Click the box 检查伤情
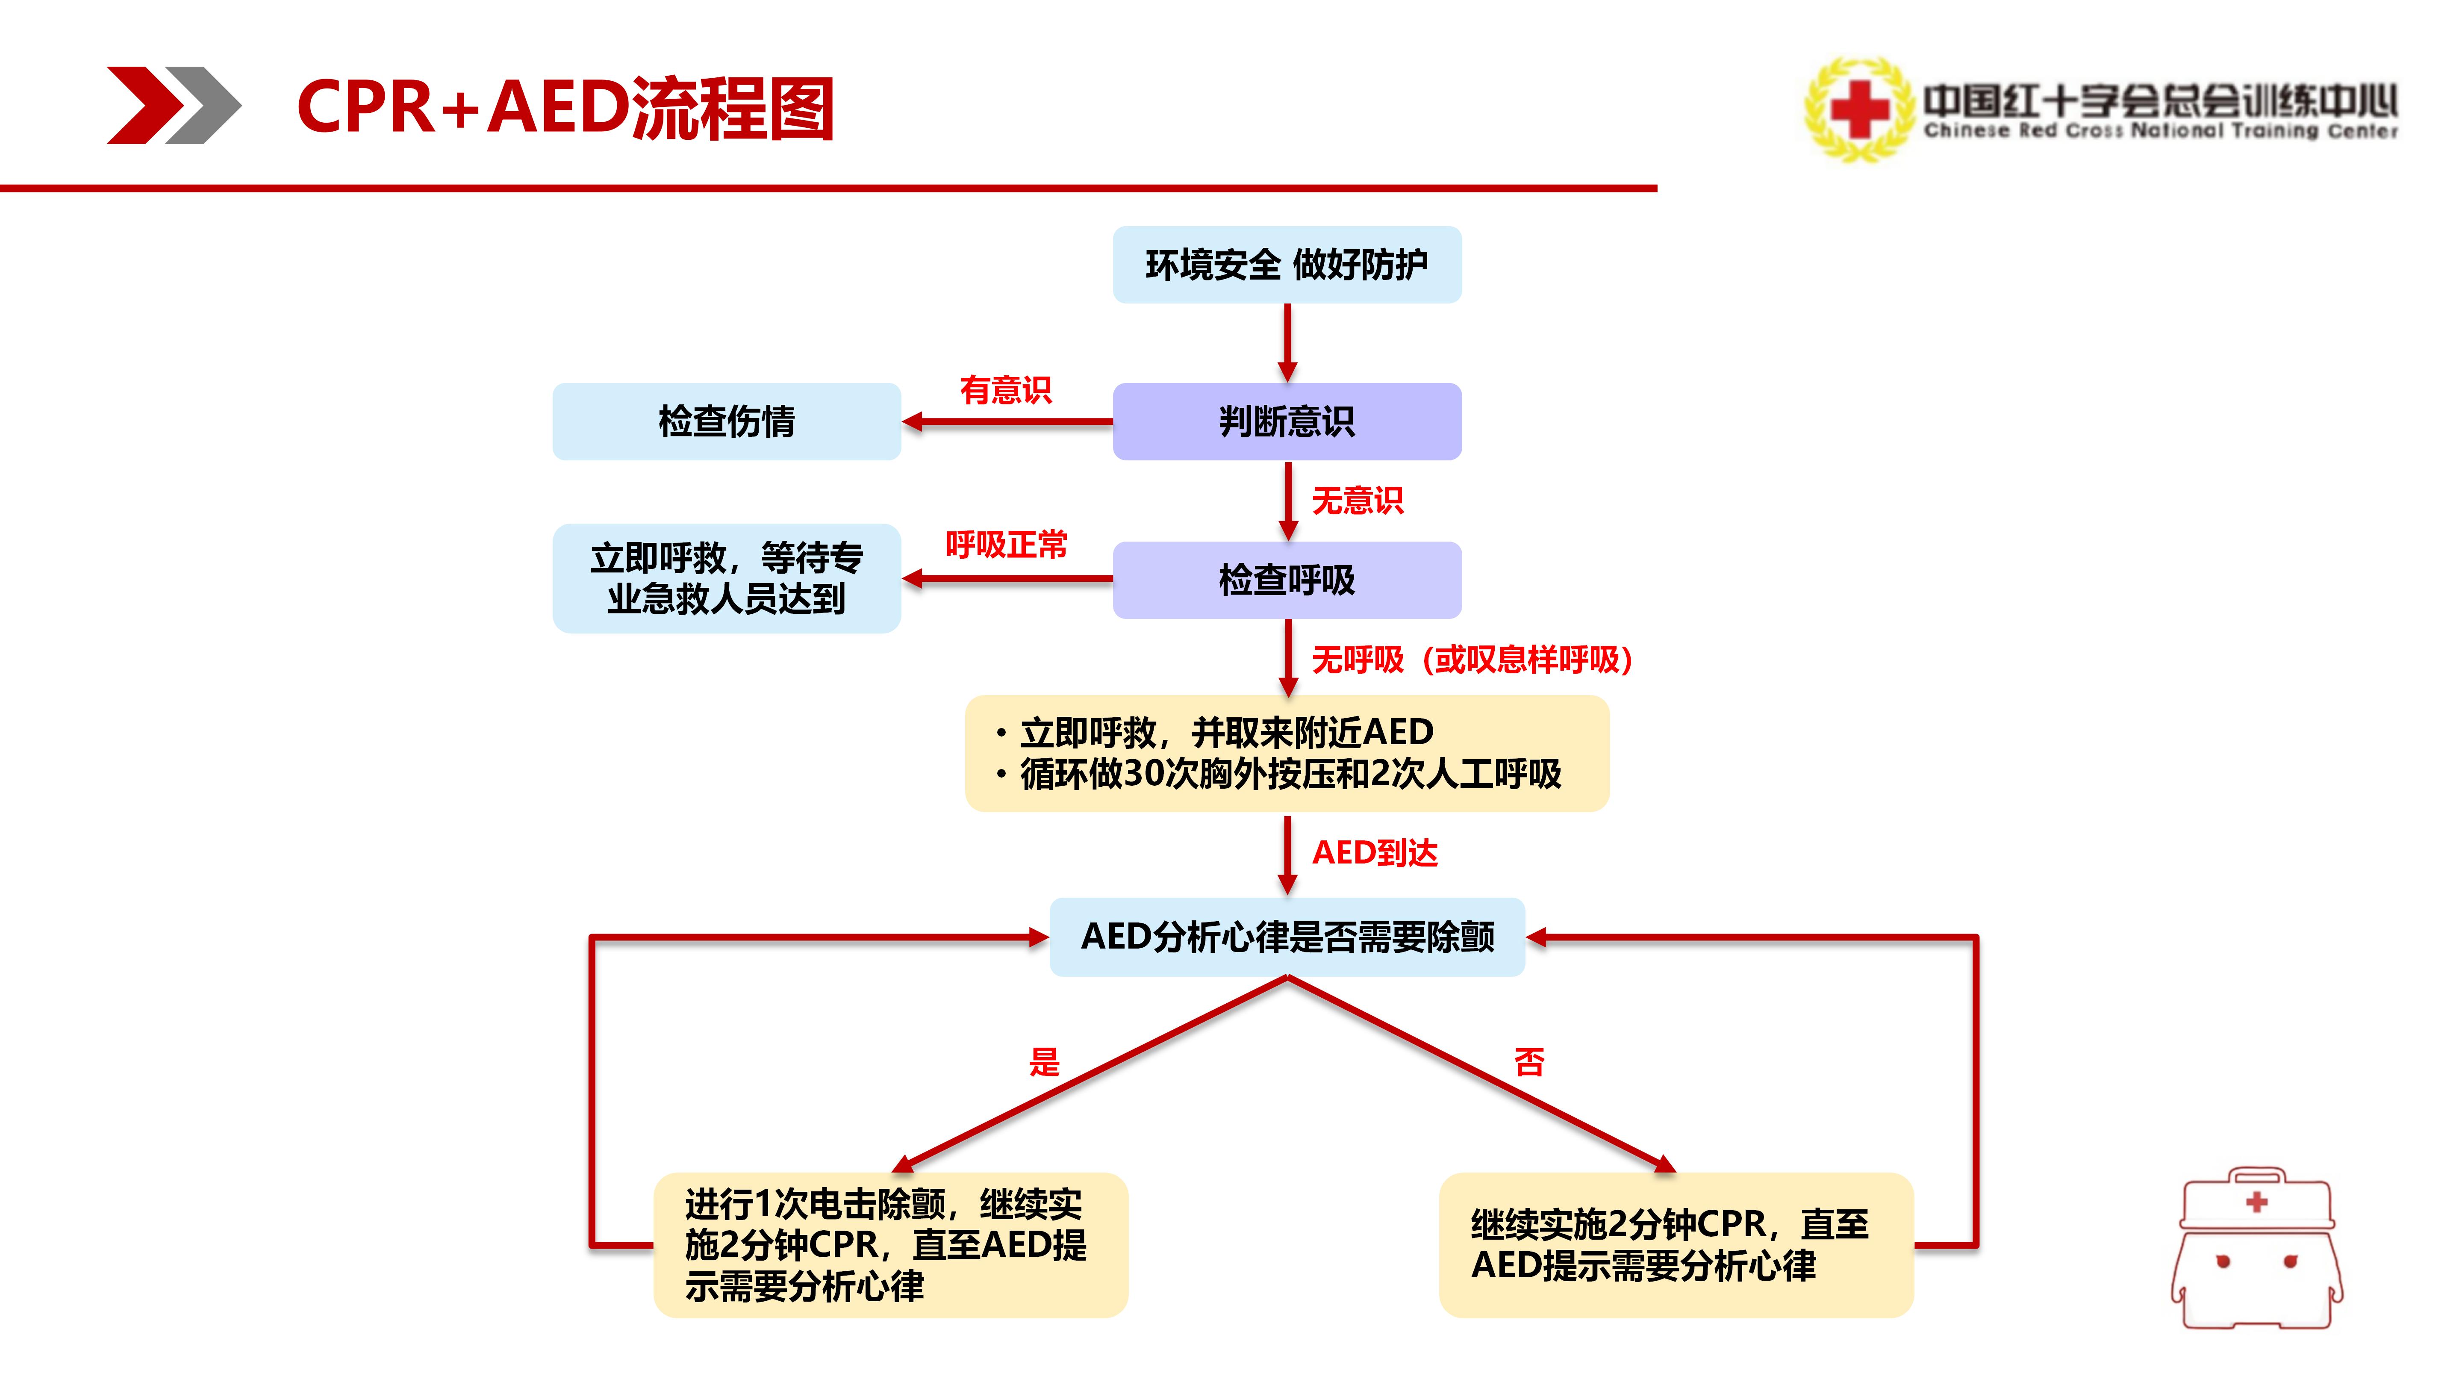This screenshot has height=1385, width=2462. point(726,421)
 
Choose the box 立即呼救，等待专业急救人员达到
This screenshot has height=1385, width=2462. point(726,578)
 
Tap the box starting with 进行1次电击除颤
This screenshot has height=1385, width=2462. point(891,1244)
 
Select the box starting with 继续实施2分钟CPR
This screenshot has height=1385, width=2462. point(1676,1244)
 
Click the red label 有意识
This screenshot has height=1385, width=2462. point(1005,390)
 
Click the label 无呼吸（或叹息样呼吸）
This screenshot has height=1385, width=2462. point(1472,660)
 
